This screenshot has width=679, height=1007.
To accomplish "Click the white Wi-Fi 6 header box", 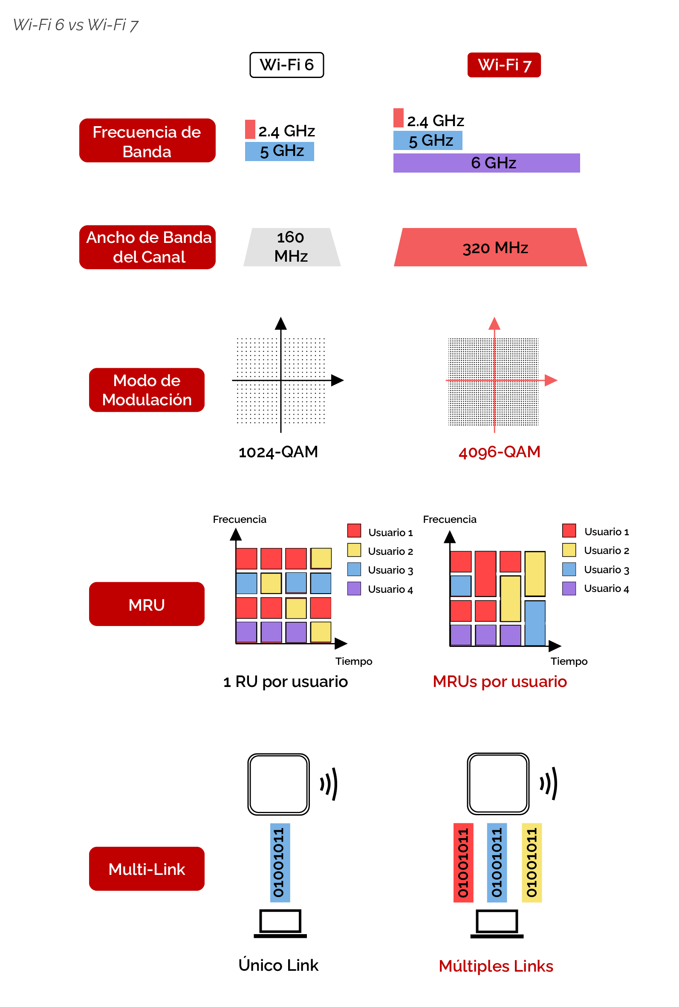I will (x=287, y=65).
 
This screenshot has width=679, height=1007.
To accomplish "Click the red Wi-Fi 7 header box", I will (x=504, y=65).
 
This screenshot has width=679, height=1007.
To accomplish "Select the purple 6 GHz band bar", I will (x=486, y=163).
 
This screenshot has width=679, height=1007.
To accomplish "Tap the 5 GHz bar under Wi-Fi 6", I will (x=279, y=152).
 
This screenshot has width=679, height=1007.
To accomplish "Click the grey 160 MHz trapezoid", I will (x=292, y=247).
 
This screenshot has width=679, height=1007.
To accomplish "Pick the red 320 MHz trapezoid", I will (x=490, y=247).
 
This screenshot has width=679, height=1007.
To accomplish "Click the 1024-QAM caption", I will (x=278, y=452).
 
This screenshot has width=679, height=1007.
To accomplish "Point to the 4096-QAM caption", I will (x=499, y=452).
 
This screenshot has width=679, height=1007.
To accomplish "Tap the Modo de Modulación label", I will (x=147, y=390).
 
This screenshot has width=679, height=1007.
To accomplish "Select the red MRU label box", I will (x=147, y=604).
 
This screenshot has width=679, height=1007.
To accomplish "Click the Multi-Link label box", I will (x=147, y=869).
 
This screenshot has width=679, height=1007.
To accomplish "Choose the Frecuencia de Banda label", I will (x=147, y=141).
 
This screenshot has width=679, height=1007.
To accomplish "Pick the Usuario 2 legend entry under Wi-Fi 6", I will (x=380, y=551).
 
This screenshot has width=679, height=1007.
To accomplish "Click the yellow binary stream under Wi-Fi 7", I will (x=532, y=863).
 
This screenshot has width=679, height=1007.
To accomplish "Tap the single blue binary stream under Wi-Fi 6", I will (x=280, y=863).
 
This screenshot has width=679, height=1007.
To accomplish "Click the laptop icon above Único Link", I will (x=280, y=923).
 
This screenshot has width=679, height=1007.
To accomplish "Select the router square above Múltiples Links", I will (x=498, y=784).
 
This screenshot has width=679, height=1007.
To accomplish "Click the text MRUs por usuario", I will (x=500, y=682).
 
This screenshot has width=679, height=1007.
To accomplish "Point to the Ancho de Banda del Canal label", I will (x=147, y=247).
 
